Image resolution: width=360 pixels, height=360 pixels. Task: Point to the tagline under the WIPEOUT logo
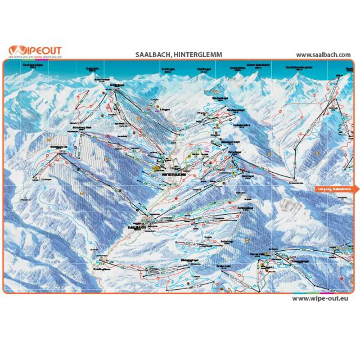pos(35,58)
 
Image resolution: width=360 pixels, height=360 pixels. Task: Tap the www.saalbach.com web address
pos(323,54)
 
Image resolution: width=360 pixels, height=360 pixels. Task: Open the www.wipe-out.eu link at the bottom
pos(321,298)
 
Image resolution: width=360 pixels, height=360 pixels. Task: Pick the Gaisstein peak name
pos(92,68)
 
